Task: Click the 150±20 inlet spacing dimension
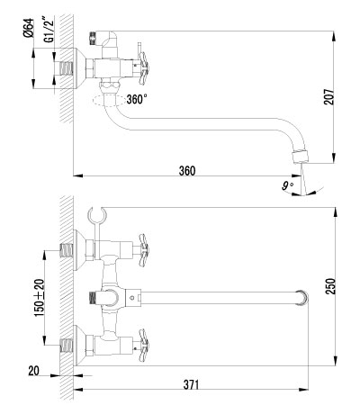coord(39,296)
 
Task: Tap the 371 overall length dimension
coord(191,385)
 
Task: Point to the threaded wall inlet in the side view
coord(66,67)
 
